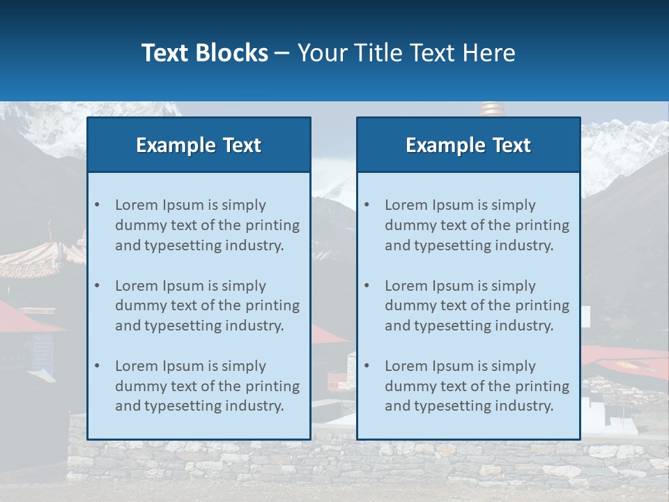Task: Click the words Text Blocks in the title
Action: point(204,53)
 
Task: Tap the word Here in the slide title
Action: point(489,53)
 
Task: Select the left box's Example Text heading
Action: point(199,145)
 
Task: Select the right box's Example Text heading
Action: point(468,145)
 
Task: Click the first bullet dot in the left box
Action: point(97,205)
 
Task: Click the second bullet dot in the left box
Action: point(97,286)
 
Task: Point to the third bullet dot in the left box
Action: point(97,366)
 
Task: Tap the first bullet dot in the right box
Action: point(367,205)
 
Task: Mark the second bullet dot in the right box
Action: point(367,286)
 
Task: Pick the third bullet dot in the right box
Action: point(367,366)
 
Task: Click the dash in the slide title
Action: point(282,54)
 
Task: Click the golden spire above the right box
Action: point(491,109)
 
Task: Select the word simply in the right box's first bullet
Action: point(514,205)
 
